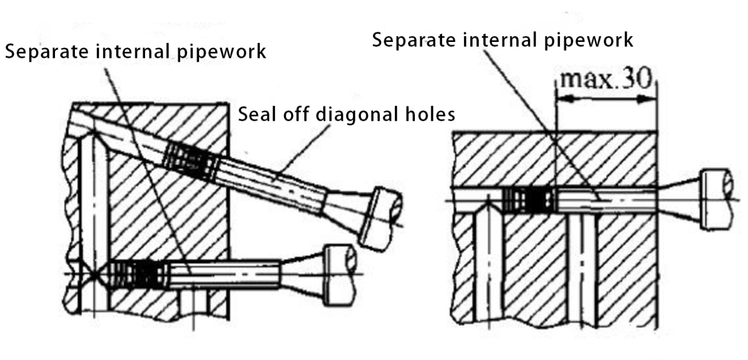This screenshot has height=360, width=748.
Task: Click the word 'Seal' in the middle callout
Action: click(x=257, y=114)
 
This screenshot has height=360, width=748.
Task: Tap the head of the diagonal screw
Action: click(x=381, y=219)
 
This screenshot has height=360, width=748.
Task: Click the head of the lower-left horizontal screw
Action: click(x=339, y=274)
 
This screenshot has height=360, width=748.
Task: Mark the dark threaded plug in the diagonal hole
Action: click(x=190, y=162)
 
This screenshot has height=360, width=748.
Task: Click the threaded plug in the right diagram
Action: click(x=529, y=200)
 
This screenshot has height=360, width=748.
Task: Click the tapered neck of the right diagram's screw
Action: click(x=678, y=200)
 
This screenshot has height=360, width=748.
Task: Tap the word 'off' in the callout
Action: click(x=296, y=114)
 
